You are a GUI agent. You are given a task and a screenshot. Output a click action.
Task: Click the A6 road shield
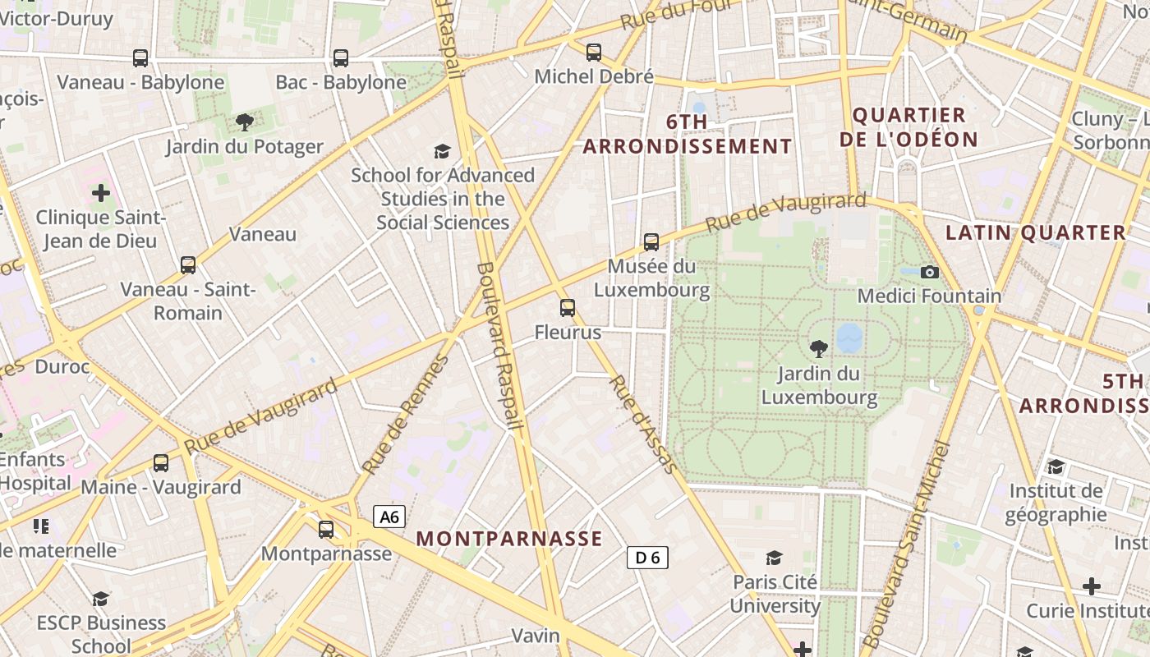[x=389, y=517]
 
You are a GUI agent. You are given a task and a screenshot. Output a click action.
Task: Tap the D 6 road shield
[x=647, y=558]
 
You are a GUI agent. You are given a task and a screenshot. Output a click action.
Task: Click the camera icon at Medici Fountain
[x=930, y=272]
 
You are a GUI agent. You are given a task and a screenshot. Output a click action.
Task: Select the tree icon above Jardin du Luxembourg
[x=819, y=348]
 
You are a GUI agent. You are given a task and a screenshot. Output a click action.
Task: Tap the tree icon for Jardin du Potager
[x=244, y=122]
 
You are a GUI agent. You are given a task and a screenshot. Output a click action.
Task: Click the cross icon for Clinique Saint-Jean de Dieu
[x=101, y=193]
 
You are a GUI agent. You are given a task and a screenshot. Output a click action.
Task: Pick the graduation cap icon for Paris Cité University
[x=774, y=558]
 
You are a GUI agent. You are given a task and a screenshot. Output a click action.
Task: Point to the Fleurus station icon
[x=568, y=308]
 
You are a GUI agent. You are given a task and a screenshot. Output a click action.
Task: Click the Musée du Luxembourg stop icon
[x=651, y=241]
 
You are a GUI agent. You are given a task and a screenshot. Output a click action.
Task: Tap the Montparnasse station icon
[x=326, y=529]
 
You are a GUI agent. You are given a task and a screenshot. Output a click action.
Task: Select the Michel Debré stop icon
[x=594, y=53]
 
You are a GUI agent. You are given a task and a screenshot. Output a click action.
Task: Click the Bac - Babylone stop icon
[x=340, y=58]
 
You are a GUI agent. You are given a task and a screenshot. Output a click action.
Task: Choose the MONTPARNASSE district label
[x=509, y=539]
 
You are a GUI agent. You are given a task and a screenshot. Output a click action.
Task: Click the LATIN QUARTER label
[x=1034, y=232]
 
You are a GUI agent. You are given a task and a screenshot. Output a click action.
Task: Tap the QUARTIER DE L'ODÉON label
[x=909, y=126]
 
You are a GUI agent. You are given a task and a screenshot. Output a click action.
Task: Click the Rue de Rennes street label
[x=406, y=415]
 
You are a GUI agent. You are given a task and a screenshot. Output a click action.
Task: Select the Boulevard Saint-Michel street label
[x=906, y=546]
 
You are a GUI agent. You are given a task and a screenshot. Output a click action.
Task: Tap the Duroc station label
[x=62, y=366]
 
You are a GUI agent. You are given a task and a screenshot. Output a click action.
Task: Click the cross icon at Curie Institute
[x=1091, y=586]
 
